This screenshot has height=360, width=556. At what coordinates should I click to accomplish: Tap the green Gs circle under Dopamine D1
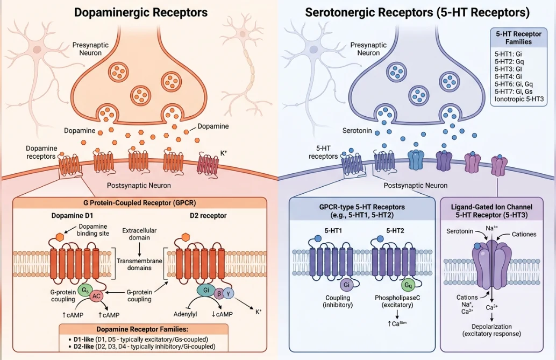click(x=84, y=290)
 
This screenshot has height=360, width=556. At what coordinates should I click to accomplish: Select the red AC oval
click(x=97, y=295)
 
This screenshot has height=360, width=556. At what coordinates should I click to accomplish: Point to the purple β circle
click(x=218, y=294)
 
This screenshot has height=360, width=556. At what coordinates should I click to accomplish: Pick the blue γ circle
click(x=230, y=294)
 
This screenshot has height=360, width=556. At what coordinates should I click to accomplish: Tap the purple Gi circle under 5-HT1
click(x=347, y=284)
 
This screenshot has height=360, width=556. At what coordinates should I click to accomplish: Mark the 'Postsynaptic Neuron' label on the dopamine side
click(x=139, y=185)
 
